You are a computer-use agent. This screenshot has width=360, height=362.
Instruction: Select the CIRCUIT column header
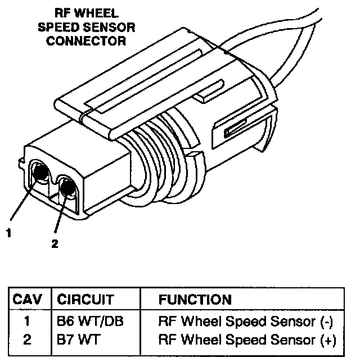click(x=85, y=300)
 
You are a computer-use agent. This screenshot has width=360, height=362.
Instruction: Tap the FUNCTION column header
click(x=195, y=300)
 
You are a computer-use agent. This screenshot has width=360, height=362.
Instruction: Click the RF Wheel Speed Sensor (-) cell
click(x=246, y=322)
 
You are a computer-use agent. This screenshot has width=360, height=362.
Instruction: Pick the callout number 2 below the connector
click(x=55, y=245)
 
